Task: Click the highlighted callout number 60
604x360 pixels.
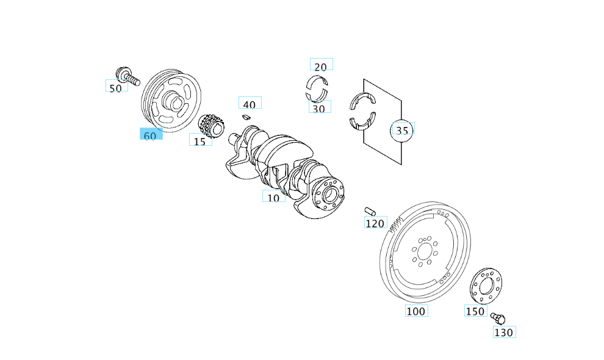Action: click(x=151, y=135)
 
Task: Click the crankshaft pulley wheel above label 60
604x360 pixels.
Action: click(x=171, y=101)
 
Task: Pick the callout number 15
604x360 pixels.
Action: click(x=200, y=140)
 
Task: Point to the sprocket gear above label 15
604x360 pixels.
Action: click(x=213, y=124)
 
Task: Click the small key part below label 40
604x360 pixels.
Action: click(x=247, y=115)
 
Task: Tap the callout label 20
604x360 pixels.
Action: click(x=321, y=65)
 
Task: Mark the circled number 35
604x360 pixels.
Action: click(x=401, y=130)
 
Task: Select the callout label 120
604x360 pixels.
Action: click(x=375, y=223)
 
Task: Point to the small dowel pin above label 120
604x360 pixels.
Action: click(x=370, y=212)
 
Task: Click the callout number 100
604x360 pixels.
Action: click(x=416, y=311)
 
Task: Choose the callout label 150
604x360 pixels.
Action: click(x=475, y=311)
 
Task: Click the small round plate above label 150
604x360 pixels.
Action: click(x=487, y=285)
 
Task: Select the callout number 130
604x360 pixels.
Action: click(x=504, y=332)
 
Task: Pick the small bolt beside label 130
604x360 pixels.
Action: click(x=498, y=318)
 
